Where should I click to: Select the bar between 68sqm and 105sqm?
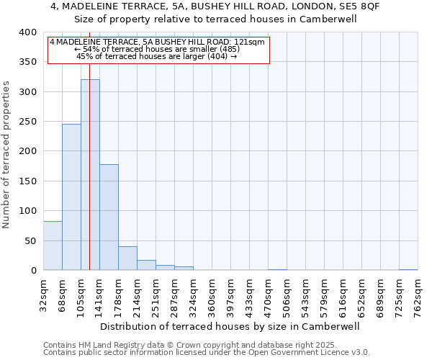coord(71,197)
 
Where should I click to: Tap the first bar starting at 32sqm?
coord(53,246)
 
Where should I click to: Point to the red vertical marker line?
coord(89,144)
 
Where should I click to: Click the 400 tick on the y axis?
coord(27,32)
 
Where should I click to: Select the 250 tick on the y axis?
coord(27,122)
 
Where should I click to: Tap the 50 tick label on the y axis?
coord(30,240)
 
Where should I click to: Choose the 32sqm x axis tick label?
coord(44,294)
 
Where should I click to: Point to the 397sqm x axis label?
coord(231,294)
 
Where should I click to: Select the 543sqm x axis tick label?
coord(306,294)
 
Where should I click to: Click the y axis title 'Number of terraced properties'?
coord(6,154)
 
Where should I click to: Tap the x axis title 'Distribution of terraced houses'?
coord(230,326)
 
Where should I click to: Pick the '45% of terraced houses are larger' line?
coord(157,56)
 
